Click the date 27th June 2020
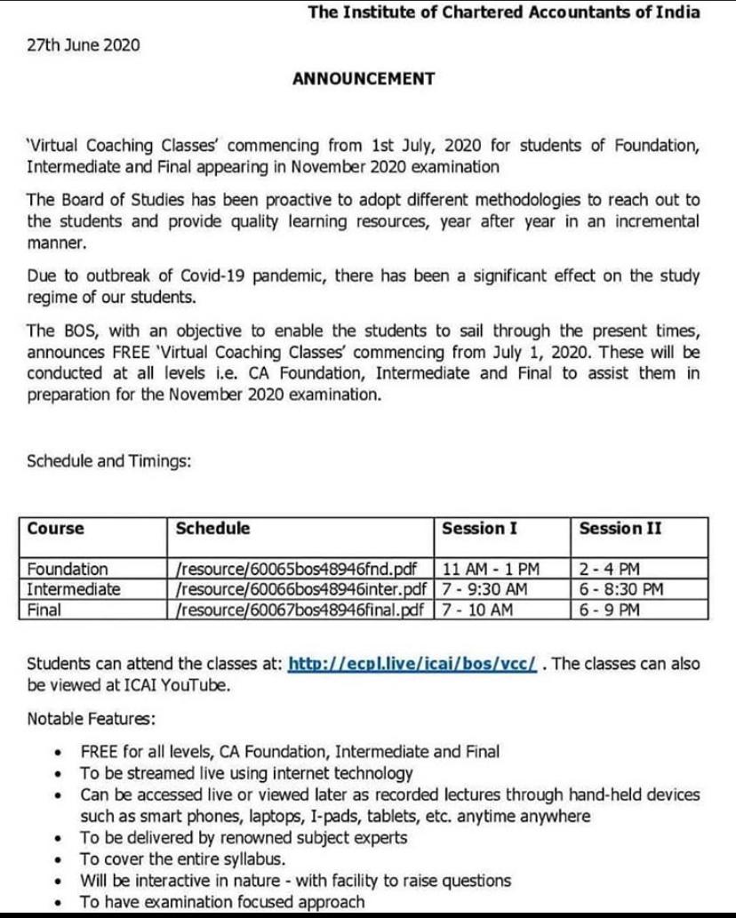pyautogui.click(x=84, y=44)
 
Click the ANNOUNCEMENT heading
pyautogui.click(x=364, y=79)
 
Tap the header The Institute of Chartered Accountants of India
pyautogui.click(x=503, y=12)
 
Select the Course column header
pyautogui.click(x=55, y=529)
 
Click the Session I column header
pyautogui.click(x=479, y=529)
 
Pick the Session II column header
pyautogui.click(x=620, y=529)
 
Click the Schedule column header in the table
pyautogui.click(x=212, y=529)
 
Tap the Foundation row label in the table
pyautogui.click(x=67, y=569)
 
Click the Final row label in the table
pyautogui.click(x=44, y=609)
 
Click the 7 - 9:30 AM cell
pyautogui.click(x=485, y=588)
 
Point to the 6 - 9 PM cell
pyautogui.click(x=609, y=609)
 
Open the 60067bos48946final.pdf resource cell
pyautogui.click(x=304, y=609)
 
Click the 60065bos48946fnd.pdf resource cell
pyautogui.click(x=298, y=569)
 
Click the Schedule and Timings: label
pyautogui.click(x=109, y=461)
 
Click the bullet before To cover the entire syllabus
pyautogui.click(x=59, y=859)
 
